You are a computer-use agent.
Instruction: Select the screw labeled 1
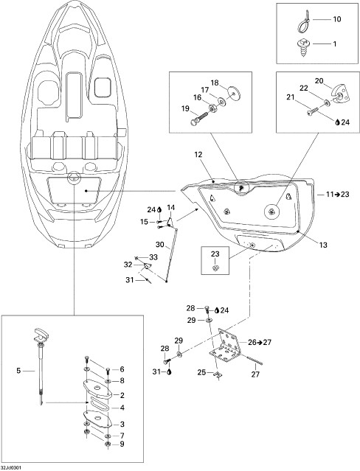pyautogui.click(x=302, y=46)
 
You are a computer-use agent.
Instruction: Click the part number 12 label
pyautogui.click(x=198, y=155)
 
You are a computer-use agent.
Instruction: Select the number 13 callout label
pyautogui.click(x=323, y=245)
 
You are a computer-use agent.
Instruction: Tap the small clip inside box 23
pyautogui.click(x=215, y=267)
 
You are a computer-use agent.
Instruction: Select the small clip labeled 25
pyautogui.click(x=216, y=374)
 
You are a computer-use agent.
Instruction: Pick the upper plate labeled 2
pyautogui.click(x=97, y=388)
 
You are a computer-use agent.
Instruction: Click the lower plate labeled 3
pyautogui.click(x=97, y=419)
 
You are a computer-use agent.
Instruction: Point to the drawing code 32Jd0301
pyautogui.click(x=11, y=468)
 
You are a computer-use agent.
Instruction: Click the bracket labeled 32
pyautogui.click(x=147, y=266)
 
